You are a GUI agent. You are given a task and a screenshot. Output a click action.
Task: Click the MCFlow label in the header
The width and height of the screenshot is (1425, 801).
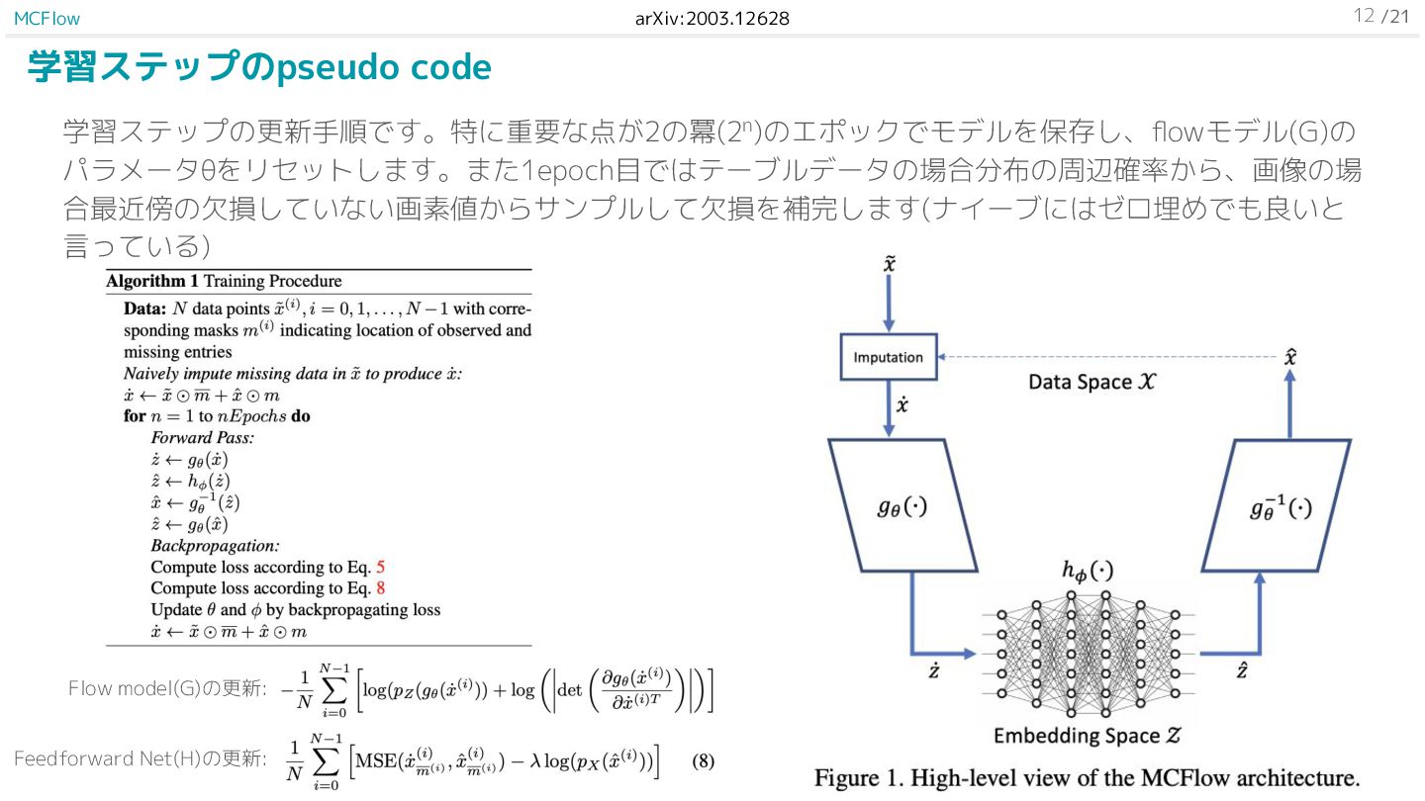47,19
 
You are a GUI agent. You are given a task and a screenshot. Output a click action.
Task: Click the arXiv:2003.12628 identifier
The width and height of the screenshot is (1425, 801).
712,19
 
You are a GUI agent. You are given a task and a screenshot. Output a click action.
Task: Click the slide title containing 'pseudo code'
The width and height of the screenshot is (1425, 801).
259,67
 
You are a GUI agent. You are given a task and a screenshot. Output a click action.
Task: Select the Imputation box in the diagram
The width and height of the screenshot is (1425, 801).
888,357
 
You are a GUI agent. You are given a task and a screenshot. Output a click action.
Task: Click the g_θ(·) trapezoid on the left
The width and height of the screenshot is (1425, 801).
902,506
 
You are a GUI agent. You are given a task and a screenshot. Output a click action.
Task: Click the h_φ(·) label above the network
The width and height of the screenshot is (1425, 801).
1088,571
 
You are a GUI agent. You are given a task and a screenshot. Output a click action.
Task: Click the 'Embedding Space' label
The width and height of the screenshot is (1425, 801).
1088,736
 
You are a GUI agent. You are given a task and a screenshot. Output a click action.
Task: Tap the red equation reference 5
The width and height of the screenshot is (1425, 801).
380,568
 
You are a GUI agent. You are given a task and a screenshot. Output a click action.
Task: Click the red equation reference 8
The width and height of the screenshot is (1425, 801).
380,588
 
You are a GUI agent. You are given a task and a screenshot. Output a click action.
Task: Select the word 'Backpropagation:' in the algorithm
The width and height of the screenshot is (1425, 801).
215,546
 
